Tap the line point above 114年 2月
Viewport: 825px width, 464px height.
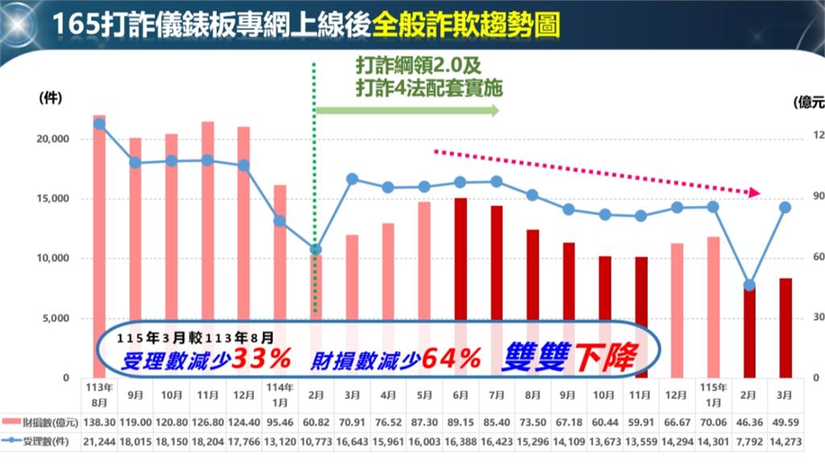tap(316, 250)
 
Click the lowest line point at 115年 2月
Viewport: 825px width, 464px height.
tap(749, 285)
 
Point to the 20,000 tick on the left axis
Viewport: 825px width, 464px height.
tap(55, 139)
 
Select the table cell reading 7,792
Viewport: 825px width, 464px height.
tap(749, 441)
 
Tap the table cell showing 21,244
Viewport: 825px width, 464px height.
tap(99, 441)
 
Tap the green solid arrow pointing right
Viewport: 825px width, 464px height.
tap(407, 110)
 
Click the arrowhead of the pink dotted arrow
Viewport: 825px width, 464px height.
tap(754, 193)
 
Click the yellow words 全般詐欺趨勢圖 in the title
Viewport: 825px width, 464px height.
tap(467, 24)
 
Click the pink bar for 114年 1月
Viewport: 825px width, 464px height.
tap(280, 242)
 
